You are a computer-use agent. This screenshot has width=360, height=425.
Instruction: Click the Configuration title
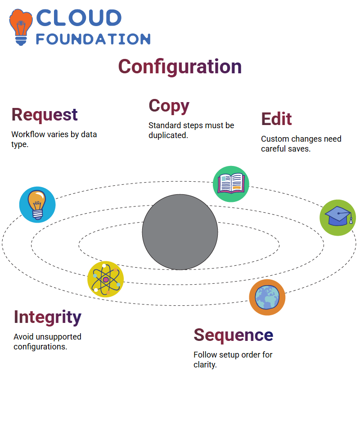180,67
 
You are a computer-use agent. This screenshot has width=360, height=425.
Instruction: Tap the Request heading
45,115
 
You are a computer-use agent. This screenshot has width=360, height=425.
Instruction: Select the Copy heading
169,106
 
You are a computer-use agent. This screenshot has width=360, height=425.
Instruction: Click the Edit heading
276,119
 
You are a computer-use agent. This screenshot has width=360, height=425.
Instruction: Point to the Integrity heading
48,318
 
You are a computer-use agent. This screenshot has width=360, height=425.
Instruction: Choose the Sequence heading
233,335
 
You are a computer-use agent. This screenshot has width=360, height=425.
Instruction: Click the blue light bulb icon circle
37,205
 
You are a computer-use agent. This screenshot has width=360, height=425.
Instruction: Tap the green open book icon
231,184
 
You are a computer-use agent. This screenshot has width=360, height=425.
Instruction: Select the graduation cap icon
338,218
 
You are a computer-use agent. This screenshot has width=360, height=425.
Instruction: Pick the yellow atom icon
106,279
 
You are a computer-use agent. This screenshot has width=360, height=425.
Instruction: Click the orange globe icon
267,297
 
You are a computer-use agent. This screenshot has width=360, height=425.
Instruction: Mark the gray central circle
180,232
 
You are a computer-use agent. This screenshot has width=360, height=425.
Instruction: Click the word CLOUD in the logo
79,18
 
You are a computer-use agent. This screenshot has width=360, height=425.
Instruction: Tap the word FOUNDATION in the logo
93,39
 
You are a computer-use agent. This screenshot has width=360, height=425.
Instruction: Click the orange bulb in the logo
21,27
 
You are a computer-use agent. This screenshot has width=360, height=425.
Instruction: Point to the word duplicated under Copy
168,135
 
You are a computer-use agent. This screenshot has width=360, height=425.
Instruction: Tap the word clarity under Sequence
205,365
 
